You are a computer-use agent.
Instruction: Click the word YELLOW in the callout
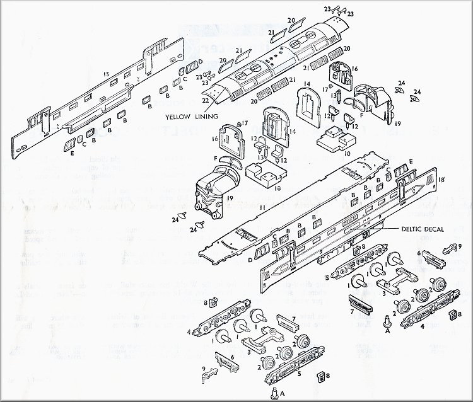(178, 117)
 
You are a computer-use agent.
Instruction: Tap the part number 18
(441, 180)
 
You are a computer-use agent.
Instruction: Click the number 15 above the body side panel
(107, 74)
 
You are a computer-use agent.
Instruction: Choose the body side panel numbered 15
(101, 101)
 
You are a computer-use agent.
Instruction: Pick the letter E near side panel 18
(412, 161)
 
